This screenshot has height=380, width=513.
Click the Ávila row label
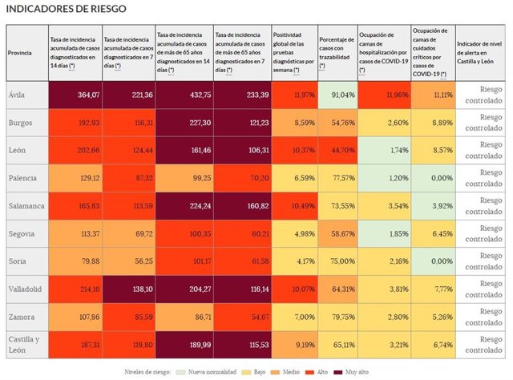(x=16, y=95)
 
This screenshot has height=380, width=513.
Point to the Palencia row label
(x=22, y=176)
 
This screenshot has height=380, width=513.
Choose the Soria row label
(x=17, y=260)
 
